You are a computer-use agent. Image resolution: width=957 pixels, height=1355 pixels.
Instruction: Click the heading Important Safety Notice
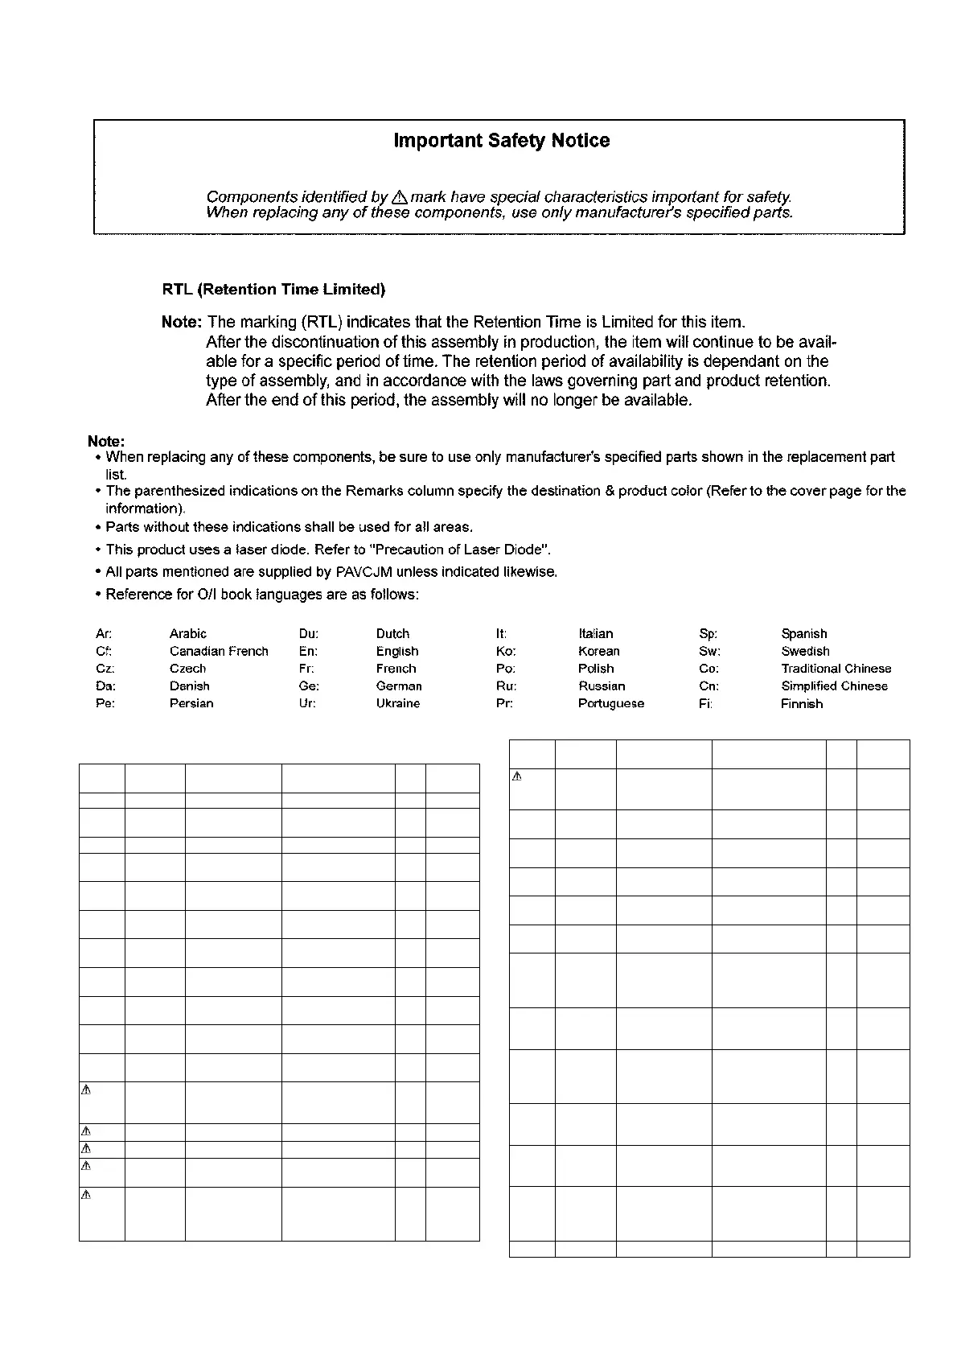tap(501, 141)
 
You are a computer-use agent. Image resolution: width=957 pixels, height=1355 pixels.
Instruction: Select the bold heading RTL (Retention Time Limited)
tap(273, 290)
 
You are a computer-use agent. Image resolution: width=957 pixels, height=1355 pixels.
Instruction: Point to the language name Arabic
tap(188, 634)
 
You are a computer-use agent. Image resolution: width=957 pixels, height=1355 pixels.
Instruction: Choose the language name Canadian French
tap(219, 652)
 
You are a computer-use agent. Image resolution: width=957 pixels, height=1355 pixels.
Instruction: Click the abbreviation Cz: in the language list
tap(105, 669)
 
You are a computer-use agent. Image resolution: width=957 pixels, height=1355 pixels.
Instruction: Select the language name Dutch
tap(392, 634)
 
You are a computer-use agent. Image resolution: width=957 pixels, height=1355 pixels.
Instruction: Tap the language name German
tap(399, 686)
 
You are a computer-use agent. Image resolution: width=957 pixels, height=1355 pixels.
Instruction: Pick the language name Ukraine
tap(398, 703)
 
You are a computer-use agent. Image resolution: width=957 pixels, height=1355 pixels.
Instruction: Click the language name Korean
tap(599, 652)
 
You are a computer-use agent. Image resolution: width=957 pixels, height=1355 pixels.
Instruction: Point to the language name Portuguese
tap(611, 703)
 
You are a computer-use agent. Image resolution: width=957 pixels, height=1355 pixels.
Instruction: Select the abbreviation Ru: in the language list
tap(506, 686)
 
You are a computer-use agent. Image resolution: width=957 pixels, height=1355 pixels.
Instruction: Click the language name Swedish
tap(805, 652)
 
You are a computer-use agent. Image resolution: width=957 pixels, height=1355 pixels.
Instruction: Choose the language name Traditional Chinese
tap(836, 669)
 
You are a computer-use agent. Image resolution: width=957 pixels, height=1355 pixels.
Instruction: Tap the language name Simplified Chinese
tap(835, 686)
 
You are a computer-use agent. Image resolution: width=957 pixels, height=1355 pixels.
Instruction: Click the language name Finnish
tap(802, 703)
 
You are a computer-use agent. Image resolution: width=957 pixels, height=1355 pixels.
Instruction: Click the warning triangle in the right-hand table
tap(518, 777)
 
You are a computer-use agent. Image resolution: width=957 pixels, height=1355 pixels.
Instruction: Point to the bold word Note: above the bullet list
tap(106, 442)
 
